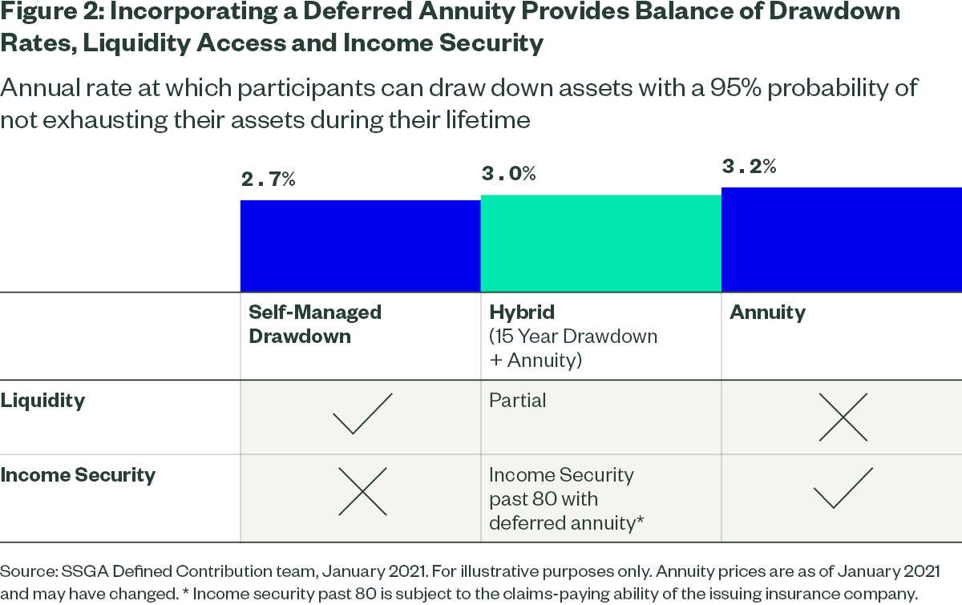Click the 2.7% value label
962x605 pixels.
point(269,179)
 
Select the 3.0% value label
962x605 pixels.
point(508,173)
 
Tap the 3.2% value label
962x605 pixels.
point(749,167)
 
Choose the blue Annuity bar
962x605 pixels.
point(841,240)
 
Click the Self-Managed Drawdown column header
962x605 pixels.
point(314,324)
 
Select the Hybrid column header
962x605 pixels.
point(521,312)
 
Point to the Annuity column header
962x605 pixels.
point(767,312)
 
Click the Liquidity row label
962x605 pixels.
point(42,400)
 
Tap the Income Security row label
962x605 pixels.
point(78,474)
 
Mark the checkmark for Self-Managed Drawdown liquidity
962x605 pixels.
point(362,413)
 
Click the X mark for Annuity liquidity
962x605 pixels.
point(843,417)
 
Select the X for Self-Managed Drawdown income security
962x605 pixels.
point(362,490)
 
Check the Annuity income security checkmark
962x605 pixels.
point(843,488)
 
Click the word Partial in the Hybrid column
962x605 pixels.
point(517,400)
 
